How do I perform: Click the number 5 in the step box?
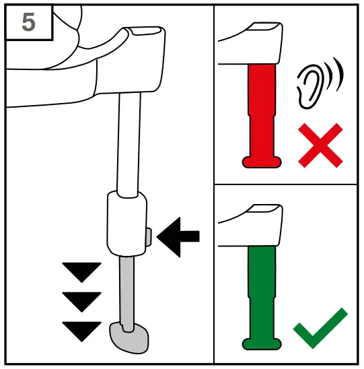tap(28, 22)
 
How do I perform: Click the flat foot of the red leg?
tap(261, 160)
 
